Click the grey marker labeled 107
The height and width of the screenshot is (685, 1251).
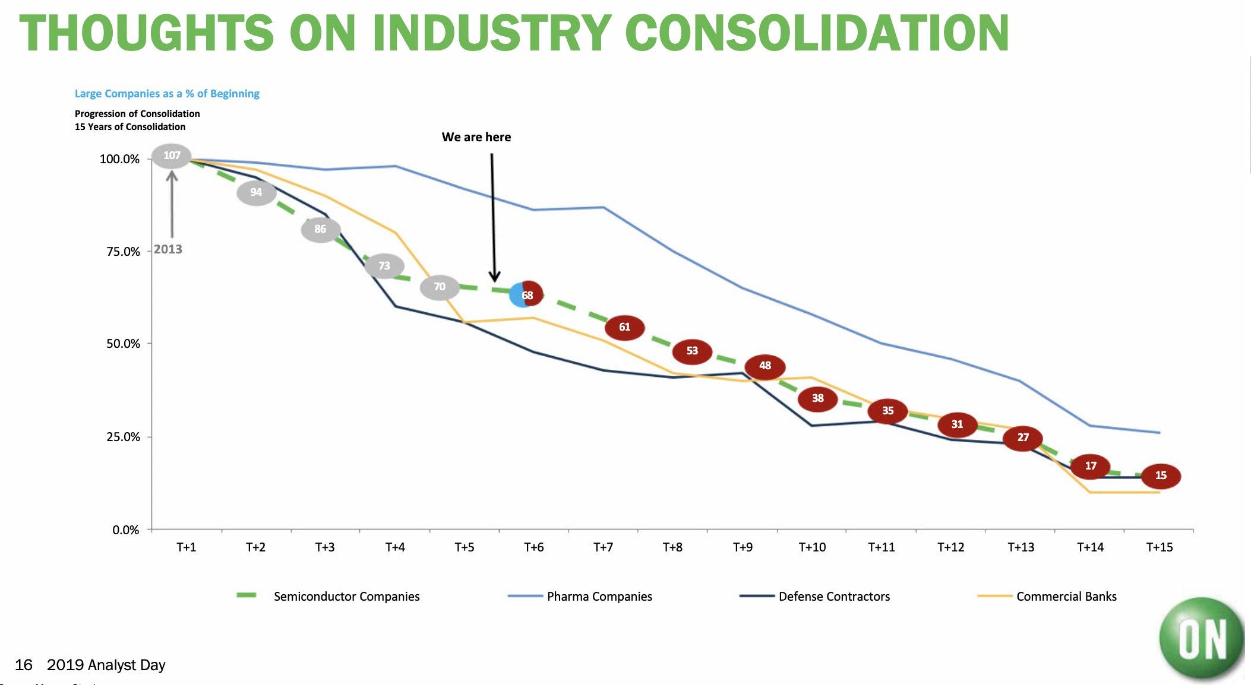point(172,156)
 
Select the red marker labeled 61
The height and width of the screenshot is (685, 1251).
point(624,327)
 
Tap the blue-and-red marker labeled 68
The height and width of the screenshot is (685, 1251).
point(526,295)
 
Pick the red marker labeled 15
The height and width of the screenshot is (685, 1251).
point(1160,475)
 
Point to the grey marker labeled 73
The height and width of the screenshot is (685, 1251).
point(384,266)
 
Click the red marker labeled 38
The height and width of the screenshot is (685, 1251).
point(817,398)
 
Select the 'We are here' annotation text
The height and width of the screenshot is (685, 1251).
point(476,137)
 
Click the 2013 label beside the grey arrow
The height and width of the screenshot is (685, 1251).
point(168,249)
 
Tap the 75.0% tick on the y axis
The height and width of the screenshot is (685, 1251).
point(123,252)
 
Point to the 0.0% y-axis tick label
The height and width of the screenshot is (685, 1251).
point(126,530)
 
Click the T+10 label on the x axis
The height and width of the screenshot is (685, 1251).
point(811,547)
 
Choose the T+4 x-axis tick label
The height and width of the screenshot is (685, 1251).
point(395,547)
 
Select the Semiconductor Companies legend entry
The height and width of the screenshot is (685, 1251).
point(346,597)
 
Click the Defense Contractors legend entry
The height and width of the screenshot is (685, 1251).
point(833,597)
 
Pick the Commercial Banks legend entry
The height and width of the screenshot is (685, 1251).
point(1066,597)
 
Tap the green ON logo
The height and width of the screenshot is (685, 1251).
point(1201,639)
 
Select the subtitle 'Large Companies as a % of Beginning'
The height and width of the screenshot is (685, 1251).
point(167,94)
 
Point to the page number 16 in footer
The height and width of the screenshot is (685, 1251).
point(24,665)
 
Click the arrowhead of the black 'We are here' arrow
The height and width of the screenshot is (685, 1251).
point(494,277)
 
